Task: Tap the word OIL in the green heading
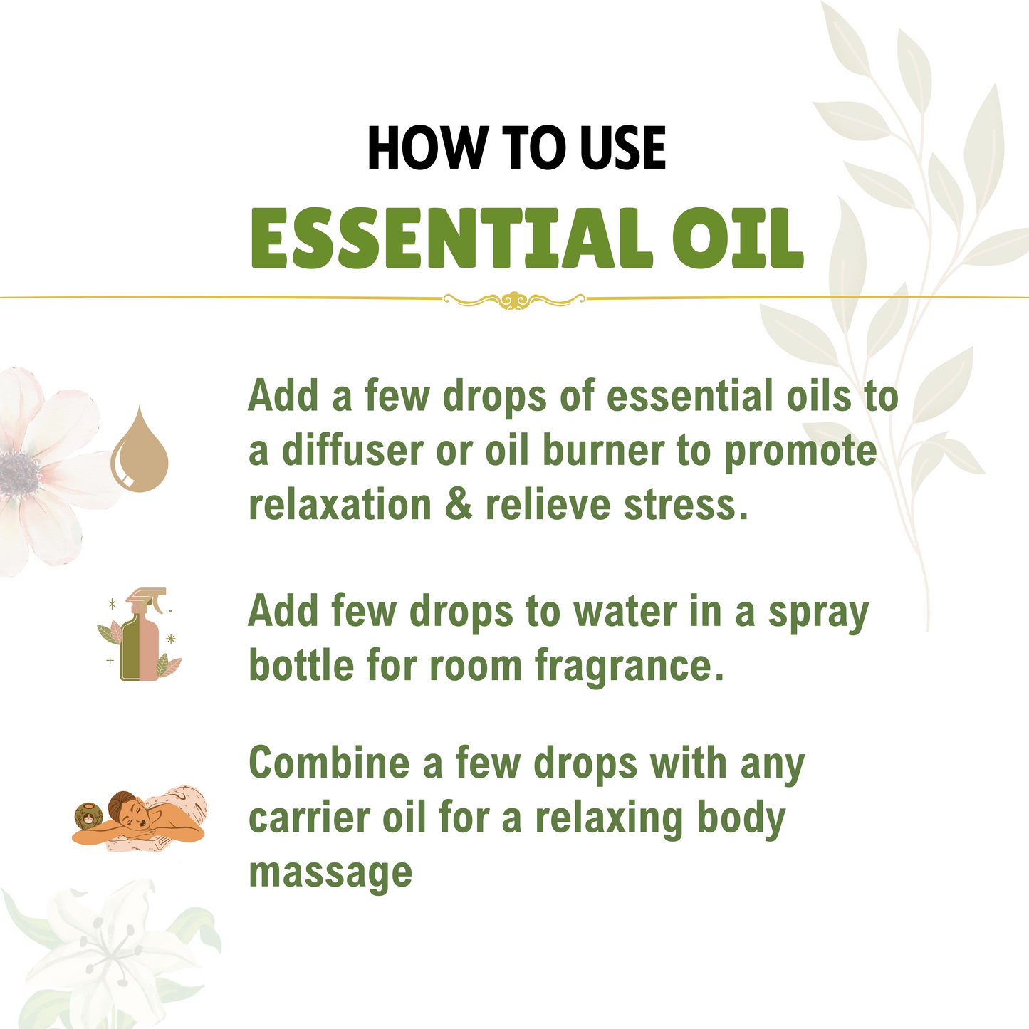pyautogui.click(x=738, y=239)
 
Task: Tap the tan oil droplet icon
pyautogui.click(x=140, y=451)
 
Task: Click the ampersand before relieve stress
pyautogui.click(x=458, y=505)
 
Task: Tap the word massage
pyautogui.click(x=330, y=872)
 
